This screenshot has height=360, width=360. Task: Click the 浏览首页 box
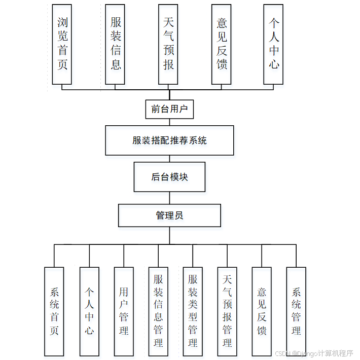click(62, 44)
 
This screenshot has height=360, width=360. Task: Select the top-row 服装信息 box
click(115, 44)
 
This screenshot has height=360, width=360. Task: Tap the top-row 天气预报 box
click(168, 44)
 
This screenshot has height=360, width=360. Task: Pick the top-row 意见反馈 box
click(222, 44)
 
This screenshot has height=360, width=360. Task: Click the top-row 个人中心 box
click(274, 44)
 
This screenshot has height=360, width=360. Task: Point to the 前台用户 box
click(169, 109)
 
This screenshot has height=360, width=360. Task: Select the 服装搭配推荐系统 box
click(169, 140)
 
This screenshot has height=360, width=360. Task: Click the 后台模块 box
click(169, 177)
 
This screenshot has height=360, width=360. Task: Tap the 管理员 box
click(169, 215)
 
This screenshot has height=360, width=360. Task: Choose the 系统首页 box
click(54, 311)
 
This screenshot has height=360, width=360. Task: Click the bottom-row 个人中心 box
click(89, 311)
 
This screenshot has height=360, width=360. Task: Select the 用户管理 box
click(124, 311)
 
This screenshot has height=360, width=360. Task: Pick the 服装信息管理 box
click(158, 311)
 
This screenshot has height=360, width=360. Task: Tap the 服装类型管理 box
click(193, 311)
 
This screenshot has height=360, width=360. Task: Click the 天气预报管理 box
click(227, 311)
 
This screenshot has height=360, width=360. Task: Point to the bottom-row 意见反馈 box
click(262, 311)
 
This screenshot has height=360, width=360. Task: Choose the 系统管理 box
click(296, 311)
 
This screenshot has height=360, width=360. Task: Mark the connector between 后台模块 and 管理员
click(169, 198)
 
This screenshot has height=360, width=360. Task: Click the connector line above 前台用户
click(169, 95)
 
